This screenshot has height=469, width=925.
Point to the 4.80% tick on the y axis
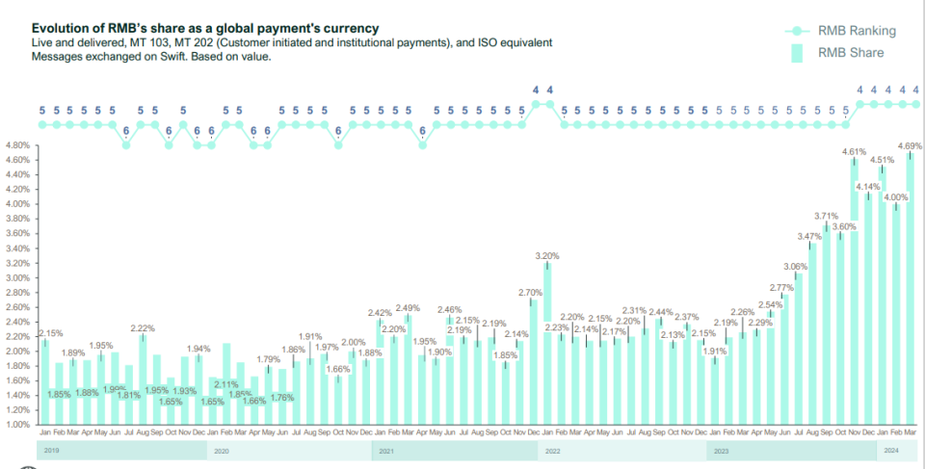19,145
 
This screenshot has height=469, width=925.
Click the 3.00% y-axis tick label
19,277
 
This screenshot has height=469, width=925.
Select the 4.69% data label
910,146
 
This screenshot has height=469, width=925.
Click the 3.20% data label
547,256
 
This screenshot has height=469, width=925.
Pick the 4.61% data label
854,152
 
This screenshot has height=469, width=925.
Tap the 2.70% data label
531,292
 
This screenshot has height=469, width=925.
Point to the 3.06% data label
795,267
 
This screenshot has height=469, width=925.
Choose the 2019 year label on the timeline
51,450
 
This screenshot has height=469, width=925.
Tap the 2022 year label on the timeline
553,450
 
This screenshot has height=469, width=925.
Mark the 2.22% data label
143,328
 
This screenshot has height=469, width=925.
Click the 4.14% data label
867,187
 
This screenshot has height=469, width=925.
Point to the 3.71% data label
826,217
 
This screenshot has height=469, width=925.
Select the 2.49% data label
408,308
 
